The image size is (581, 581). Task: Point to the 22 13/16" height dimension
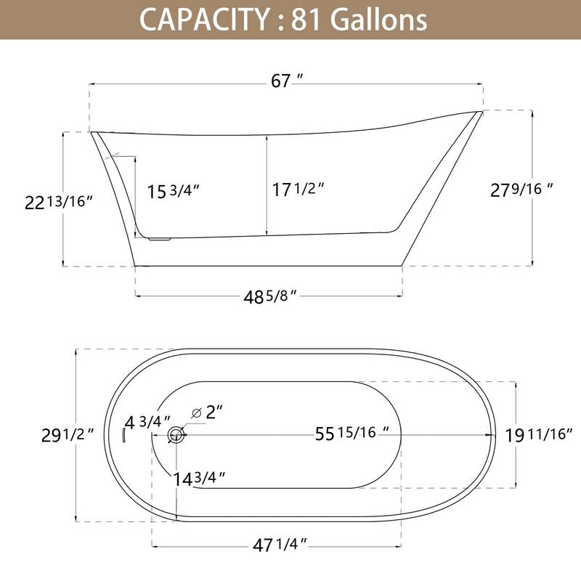point(60,203)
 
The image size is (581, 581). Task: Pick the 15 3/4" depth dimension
point(174,192)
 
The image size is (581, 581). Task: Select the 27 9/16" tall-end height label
point(521,190)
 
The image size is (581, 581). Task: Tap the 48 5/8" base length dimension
point(269,296)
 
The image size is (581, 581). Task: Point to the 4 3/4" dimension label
point(147,422)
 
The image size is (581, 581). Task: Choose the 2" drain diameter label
point(214,413)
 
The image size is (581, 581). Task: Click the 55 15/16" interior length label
point(352,434)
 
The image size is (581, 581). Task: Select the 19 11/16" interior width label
point(539,435)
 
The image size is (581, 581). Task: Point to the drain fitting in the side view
point(158,237)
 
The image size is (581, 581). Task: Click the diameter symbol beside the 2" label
point(196,413)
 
